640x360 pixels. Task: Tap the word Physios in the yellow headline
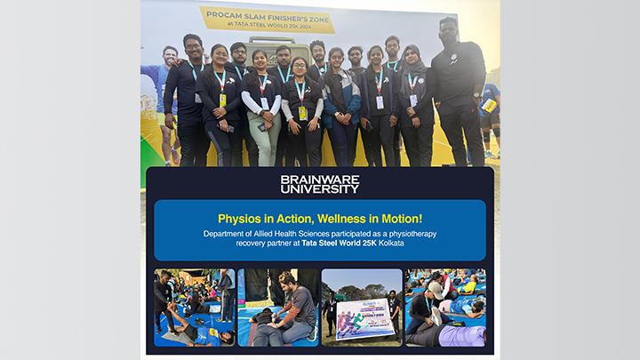point(237,218)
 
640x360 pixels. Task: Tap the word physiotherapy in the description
point(410,233)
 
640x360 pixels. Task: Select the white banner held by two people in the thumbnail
point(364,318)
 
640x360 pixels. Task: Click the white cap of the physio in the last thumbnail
point(436,288)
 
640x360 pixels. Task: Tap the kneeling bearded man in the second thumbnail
point(293,307)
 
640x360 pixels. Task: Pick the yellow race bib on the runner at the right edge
point(489,105)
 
